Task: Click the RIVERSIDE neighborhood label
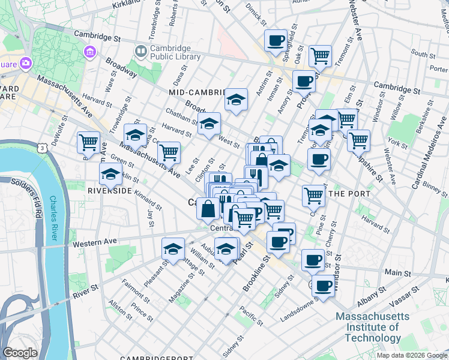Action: (x=109, y=190)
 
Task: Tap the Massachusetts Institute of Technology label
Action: (x=372, y=327)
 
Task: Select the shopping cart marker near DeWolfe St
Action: (x=88, y=142)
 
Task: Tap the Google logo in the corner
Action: (x=20, y=353)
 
